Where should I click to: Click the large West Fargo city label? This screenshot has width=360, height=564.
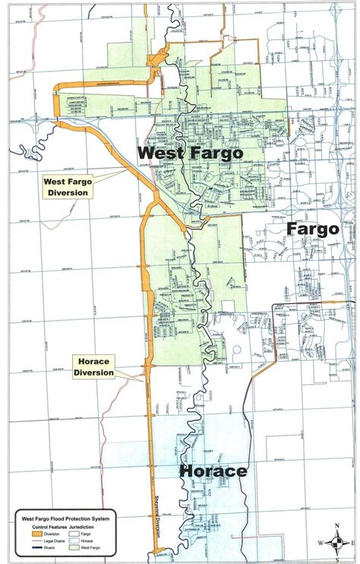tap(190, 153)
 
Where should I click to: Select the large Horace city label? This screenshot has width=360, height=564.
tap(213, 471)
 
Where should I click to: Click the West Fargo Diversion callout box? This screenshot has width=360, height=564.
tap(66, 187)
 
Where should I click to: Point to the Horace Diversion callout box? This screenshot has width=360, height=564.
tap(94, 367)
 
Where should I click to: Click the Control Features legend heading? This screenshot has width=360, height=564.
tap(51, 526)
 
